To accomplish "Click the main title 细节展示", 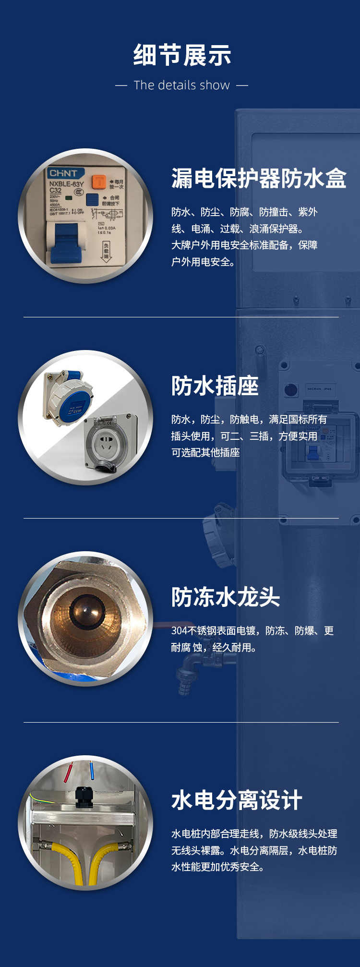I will click(182, 55).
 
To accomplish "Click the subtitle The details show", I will click(182, 85).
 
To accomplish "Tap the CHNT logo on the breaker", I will click(63, 173).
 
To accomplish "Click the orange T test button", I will click(99, 181).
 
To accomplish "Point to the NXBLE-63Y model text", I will click(66, 183).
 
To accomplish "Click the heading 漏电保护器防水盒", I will click(259, 179).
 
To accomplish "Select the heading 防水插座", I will click(215, 386).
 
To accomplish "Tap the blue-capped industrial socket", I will click(68, 398).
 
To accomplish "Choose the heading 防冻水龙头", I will click(226, 597).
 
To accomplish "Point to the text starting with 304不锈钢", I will click(252, 631).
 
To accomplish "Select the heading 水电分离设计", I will click(237, 800).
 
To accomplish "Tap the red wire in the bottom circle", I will click(68, 772).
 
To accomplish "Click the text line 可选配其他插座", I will click(205, 453).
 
